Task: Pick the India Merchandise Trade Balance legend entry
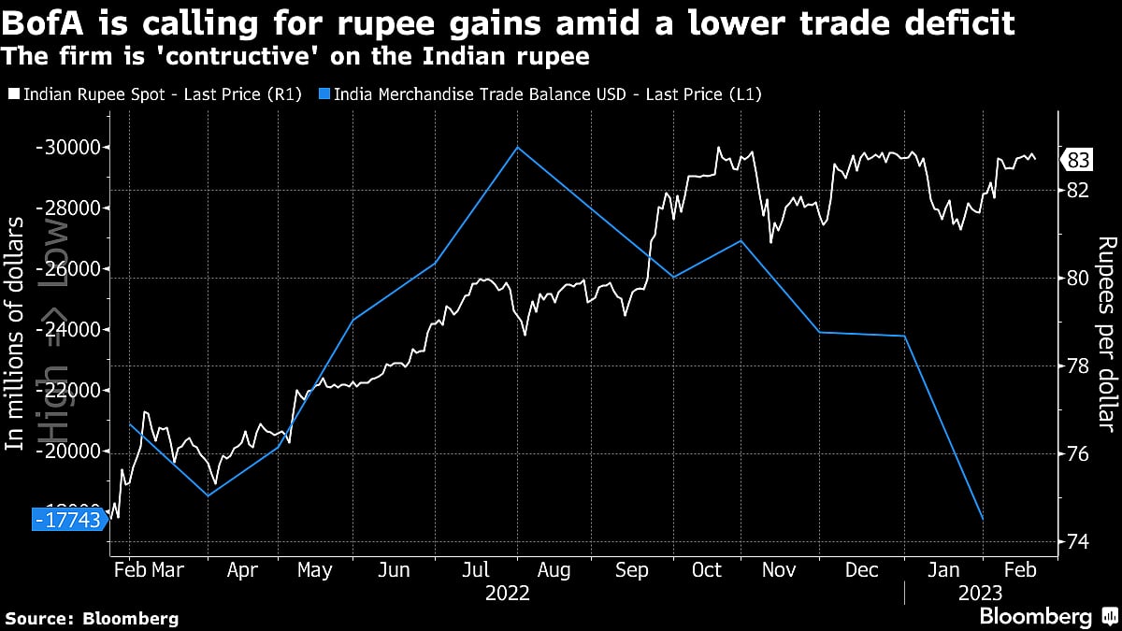coord(546,93)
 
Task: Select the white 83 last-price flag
coord(1077,161)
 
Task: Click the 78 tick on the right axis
coord(1078,366)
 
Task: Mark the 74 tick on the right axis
coord(1078,541)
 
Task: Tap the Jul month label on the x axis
coord(476,570)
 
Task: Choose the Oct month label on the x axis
coord(707,570)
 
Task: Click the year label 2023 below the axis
coord(980,594)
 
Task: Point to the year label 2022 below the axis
coord(508,594)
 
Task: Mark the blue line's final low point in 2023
coord(983,520)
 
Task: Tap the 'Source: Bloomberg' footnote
coord(92,618)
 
